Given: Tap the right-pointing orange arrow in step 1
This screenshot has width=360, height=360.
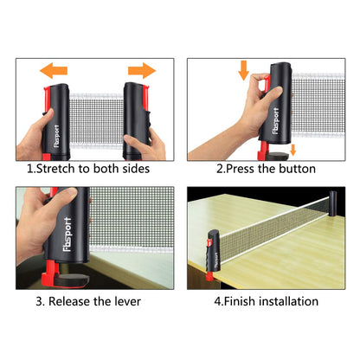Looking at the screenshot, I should (140, 69).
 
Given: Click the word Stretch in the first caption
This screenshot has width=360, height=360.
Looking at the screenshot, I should (61, 169).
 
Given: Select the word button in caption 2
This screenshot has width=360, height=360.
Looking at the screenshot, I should (295, 169).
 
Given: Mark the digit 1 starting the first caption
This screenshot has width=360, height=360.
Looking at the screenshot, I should (30, 169).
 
